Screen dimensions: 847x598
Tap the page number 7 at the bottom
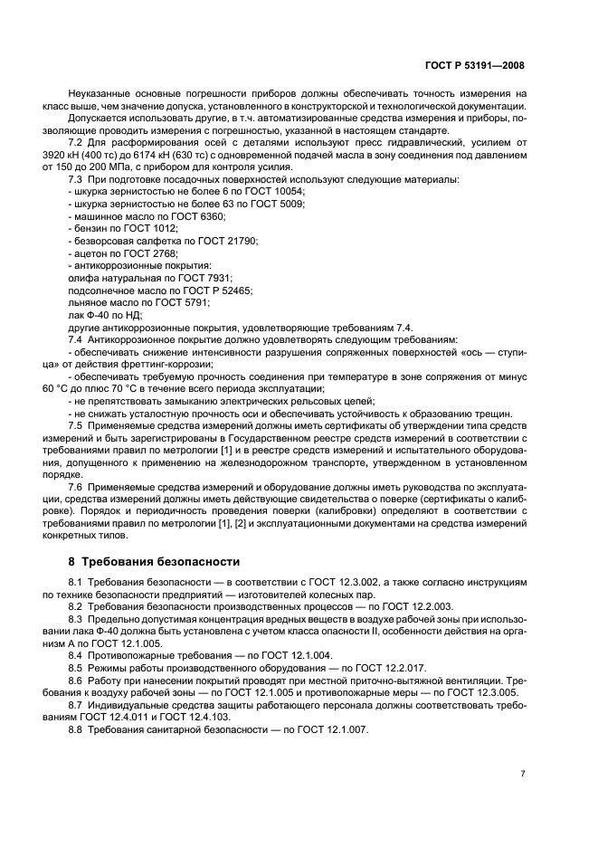click(523, 774)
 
